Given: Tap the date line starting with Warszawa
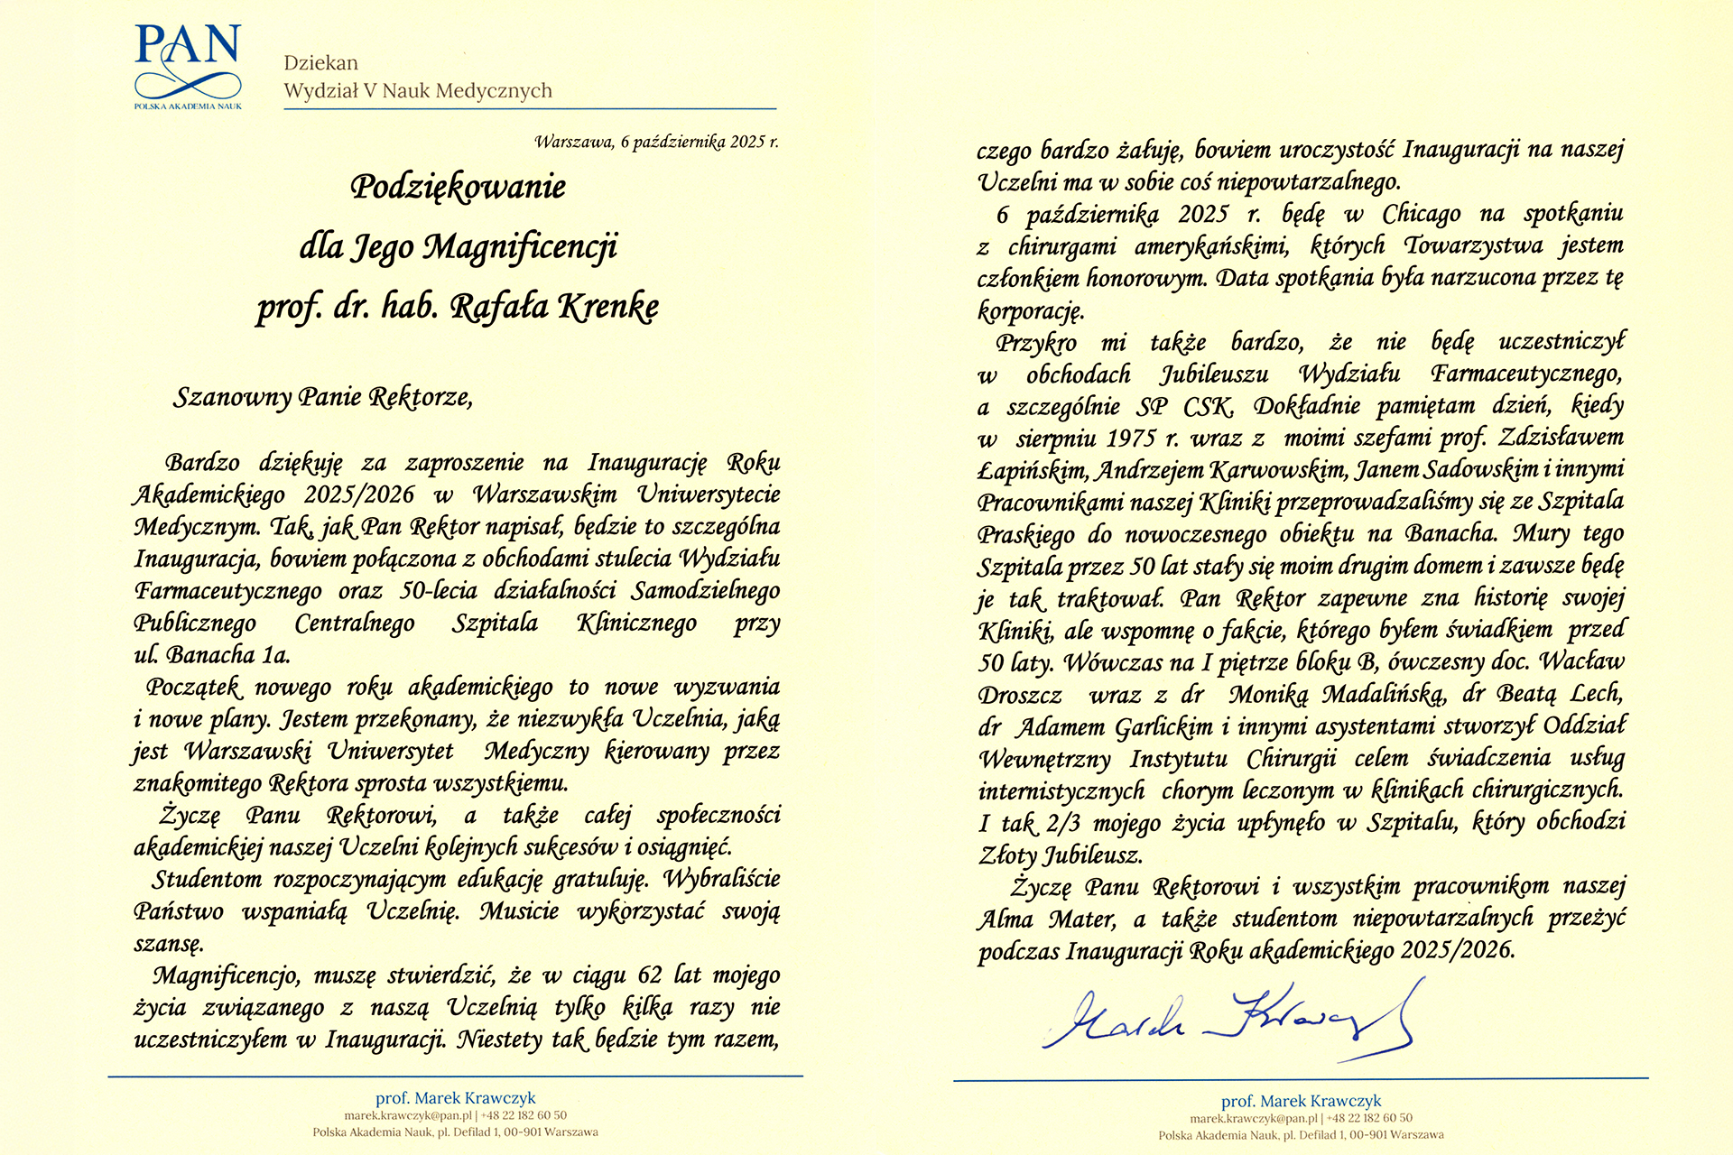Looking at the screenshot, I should click(x=655, y=142).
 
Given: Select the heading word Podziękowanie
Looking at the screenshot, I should click(x=458, y=187).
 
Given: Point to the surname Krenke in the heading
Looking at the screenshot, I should click(x=607, y=307).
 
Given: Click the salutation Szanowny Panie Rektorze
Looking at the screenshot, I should click(x=322, y=397).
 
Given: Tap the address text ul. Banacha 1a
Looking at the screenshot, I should click(x=212, y=655).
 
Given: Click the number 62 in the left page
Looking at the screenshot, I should click(x=650, y=975).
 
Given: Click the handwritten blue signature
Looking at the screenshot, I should click(x=1228, y=1020).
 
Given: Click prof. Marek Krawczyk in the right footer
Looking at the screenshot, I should click(x=1301, y=1101).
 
